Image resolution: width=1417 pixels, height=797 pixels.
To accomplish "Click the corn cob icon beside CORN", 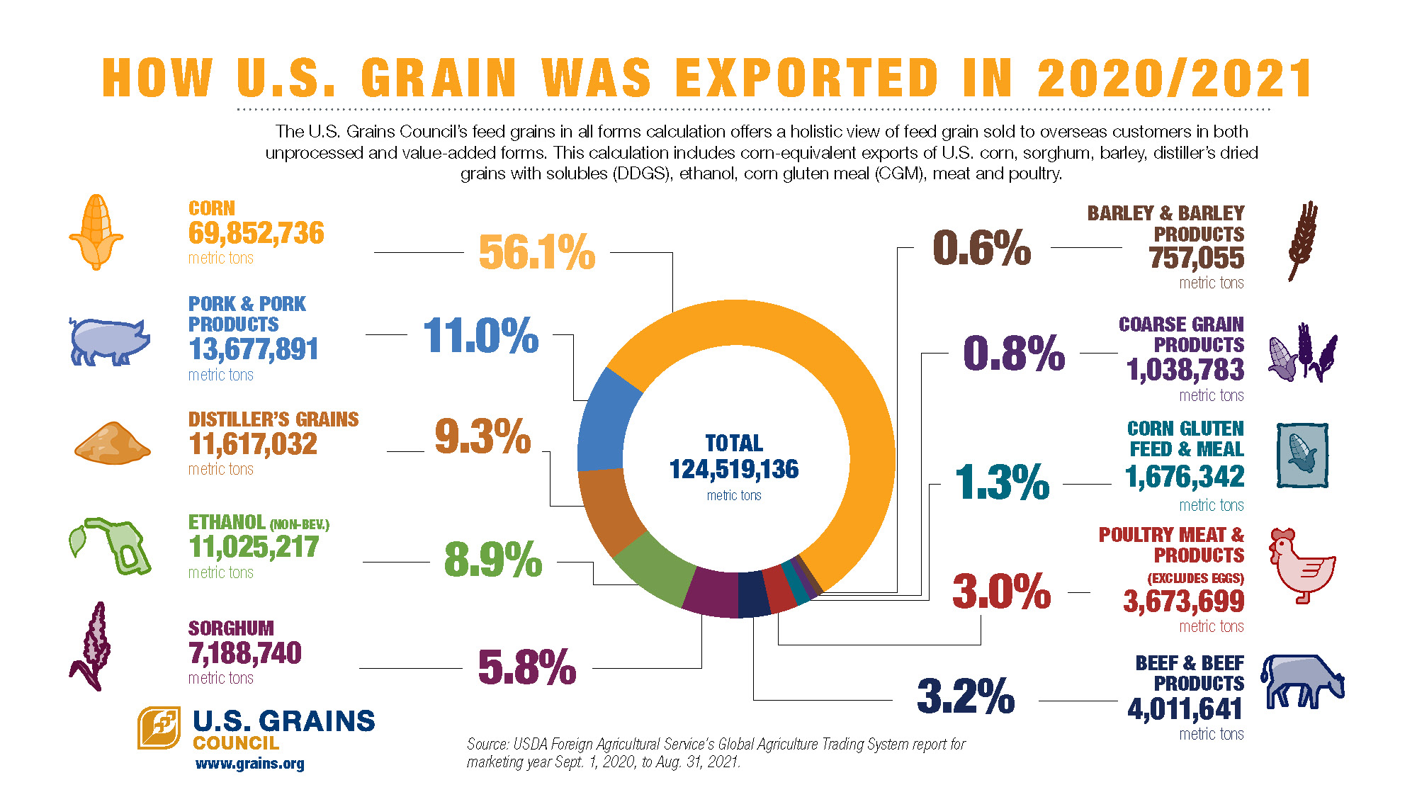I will [96, 232].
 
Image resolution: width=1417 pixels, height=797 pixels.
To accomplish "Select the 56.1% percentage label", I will [536, 252].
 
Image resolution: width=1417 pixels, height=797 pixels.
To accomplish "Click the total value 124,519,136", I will [734, 469].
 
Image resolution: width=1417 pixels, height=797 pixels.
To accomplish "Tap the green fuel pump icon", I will [113, 546].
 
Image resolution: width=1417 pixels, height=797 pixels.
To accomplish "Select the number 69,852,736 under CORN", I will [256, 233].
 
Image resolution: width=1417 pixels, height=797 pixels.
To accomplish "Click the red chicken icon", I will [1301, 565].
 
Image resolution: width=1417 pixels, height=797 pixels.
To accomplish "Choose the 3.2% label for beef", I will [966, 696].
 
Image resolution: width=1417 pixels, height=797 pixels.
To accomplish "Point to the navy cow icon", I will [1302, 682].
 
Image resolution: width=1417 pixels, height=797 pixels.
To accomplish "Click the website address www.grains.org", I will [249, 764].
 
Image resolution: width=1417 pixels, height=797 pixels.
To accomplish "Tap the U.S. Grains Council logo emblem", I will [159, 728].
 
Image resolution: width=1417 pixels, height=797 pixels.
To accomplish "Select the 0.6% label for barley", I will [981, 248].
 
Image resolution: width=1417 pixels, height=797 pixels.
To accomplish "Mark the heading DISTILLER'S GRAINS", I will [273, 419].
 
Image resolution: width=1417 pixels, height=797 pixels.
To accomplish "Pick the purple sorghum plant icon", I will [92, 646].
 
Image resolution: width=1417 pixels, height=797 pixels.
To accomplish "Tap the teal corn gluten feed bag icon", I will [1302, 456].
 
